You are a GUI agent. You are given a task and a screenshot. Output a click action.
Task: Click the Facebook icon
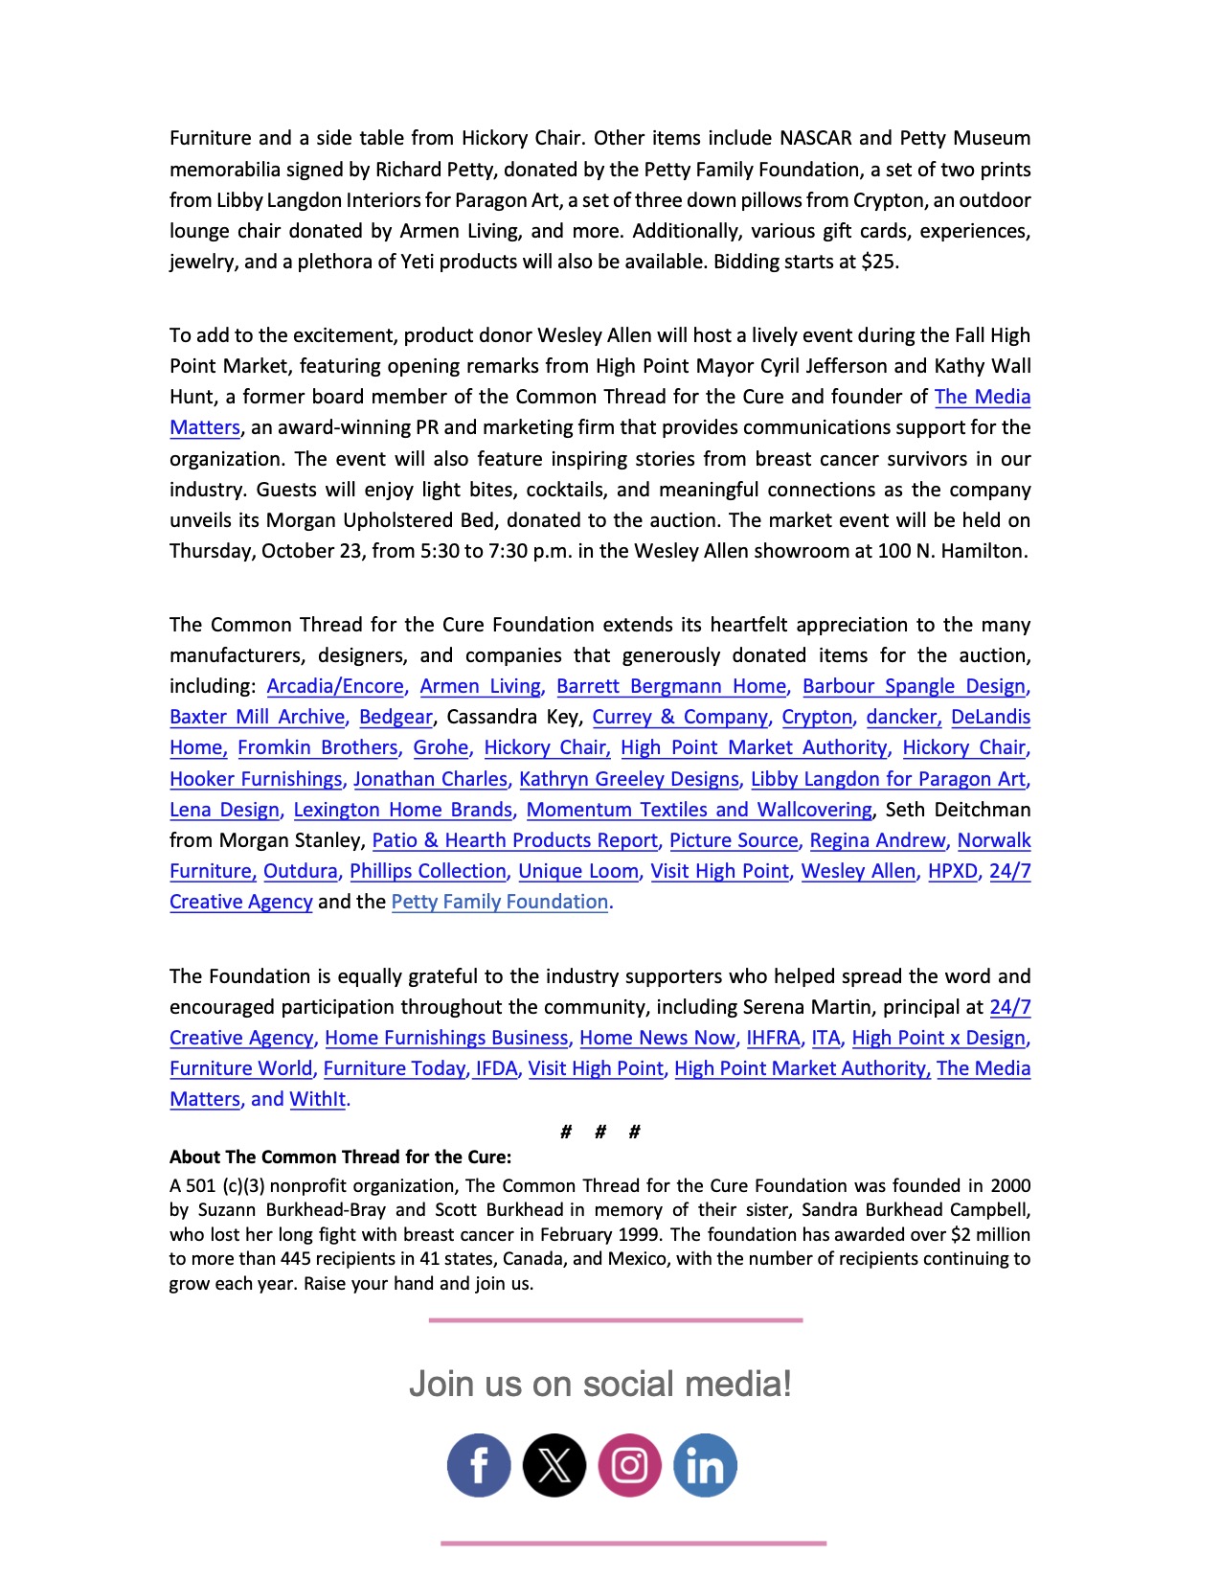click(x=479, y=1465)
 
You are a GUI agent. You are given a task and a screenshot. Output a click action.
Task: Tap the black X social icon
click(x=554, y=1465)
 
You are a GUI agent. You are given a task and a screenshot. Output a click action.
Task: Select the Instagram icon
click(x=629, y=1465)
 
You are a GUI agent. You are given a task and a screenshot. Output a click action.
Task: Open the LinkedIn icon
click(x=705, y=1465)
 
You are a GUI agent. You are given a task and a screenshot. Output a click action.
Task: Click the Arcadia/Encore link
click(x=335, y=686)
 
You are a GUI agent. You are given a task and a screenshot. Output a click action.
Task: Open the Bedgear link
click(x=396, y=717)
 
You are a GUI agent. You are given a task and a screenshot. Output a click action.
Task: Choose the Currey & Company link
click(x=680, y=717)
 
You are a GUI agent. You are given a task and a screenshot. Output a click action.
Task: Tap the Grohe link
click(x=441, y=747)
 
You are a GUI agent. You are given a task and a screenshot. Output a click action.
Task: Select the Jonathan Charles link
click(x=430, y=779)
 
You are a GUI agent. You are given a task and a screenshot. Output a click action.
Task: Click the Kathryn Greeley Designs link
click(x=629, y=779)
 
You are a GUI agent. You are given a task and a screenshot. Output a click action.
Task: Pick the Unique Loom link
click(x=578, y=871)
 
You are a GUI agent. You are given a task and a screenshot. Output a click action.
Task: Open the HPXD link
click(x=953, y=871)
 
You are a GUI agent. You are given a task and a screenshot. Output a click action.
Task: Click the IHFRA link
click(x=773, y=1038)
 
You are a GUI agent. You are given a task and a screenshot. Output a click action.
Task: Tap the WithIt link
click(x=317, y=1099)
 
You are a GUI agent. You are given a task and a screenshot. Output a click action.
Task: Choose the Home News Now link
click(x=657, y=1038)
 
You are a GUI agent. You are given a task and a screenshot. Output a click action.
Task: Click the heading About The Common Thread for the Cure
click(x=340, y=1157)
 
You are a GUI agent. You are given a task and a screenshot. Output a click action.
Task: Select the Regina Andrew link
click(x=877, y=840)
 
